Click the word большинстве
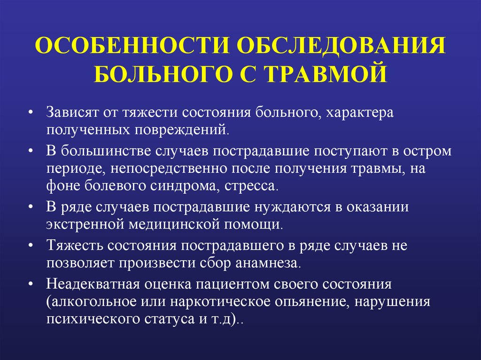point(104,152)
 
